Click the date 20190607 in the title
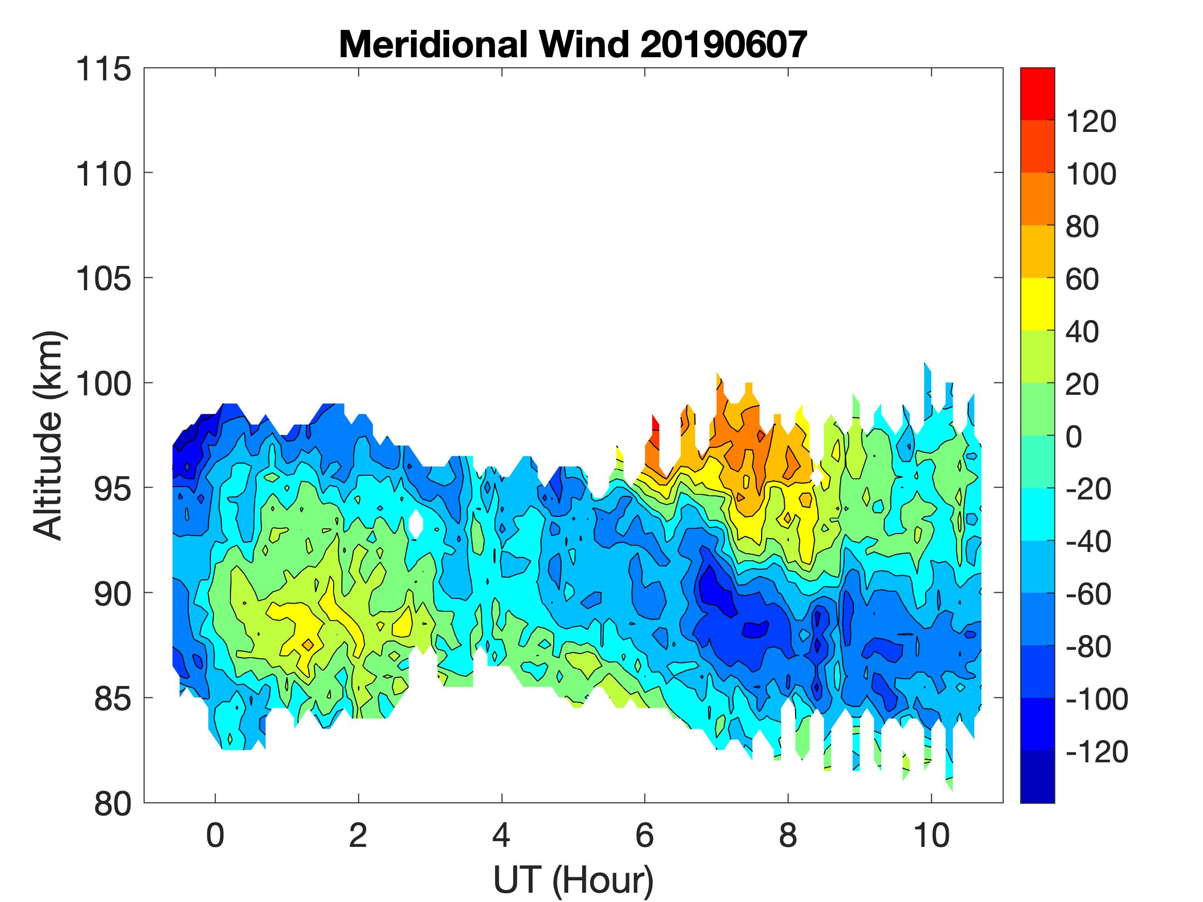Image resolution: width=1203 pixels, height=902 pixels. (723, 44)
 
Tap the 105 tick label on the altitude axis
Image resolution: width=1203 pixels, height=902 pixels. (103, 279)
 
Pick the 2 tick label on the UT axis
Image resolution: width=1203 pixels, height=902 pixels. (358, 836)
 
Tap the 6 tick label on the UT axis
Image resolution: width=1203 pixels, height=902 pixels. (645, 836)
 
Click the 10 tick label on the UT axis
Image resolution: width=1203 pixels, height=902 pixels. (932, 836)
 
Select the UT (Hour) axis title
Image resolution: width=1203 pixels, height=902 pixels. (573, 880)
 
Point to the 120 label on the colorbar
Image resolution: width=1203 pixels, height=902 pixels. (1091, 122)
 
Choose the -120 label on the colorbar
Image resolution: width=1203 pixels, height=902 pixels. (1096, 752)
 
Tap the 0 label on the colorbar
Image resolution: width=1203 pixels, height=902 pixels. (1074, 437)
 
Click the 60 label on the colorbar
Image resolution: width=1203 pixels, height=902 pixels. (1082, 279)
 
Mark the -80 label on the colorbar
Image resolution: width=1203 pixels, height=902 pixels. (1088, 647)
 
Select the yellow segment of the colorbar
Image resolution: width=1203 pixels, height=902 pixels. (1037, 304)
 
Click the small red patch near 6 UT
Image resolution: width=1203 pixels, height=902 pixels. (655, 429)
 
